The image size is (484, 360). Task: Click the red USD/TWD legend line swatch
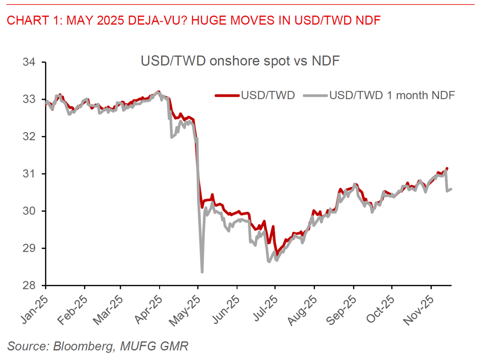click(227, 95)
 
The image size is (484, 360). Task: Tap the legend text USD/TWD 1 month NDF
click(392, 95)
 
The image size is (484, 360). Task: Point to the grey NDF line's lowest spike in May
click(202, 271)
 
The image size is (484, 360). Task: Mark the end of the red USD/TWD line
click(447, 169)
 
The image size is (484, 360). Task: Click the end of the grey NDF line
click(451, 189)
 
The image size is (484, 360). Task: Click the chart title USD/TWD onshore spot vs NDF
click(240, 61)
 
